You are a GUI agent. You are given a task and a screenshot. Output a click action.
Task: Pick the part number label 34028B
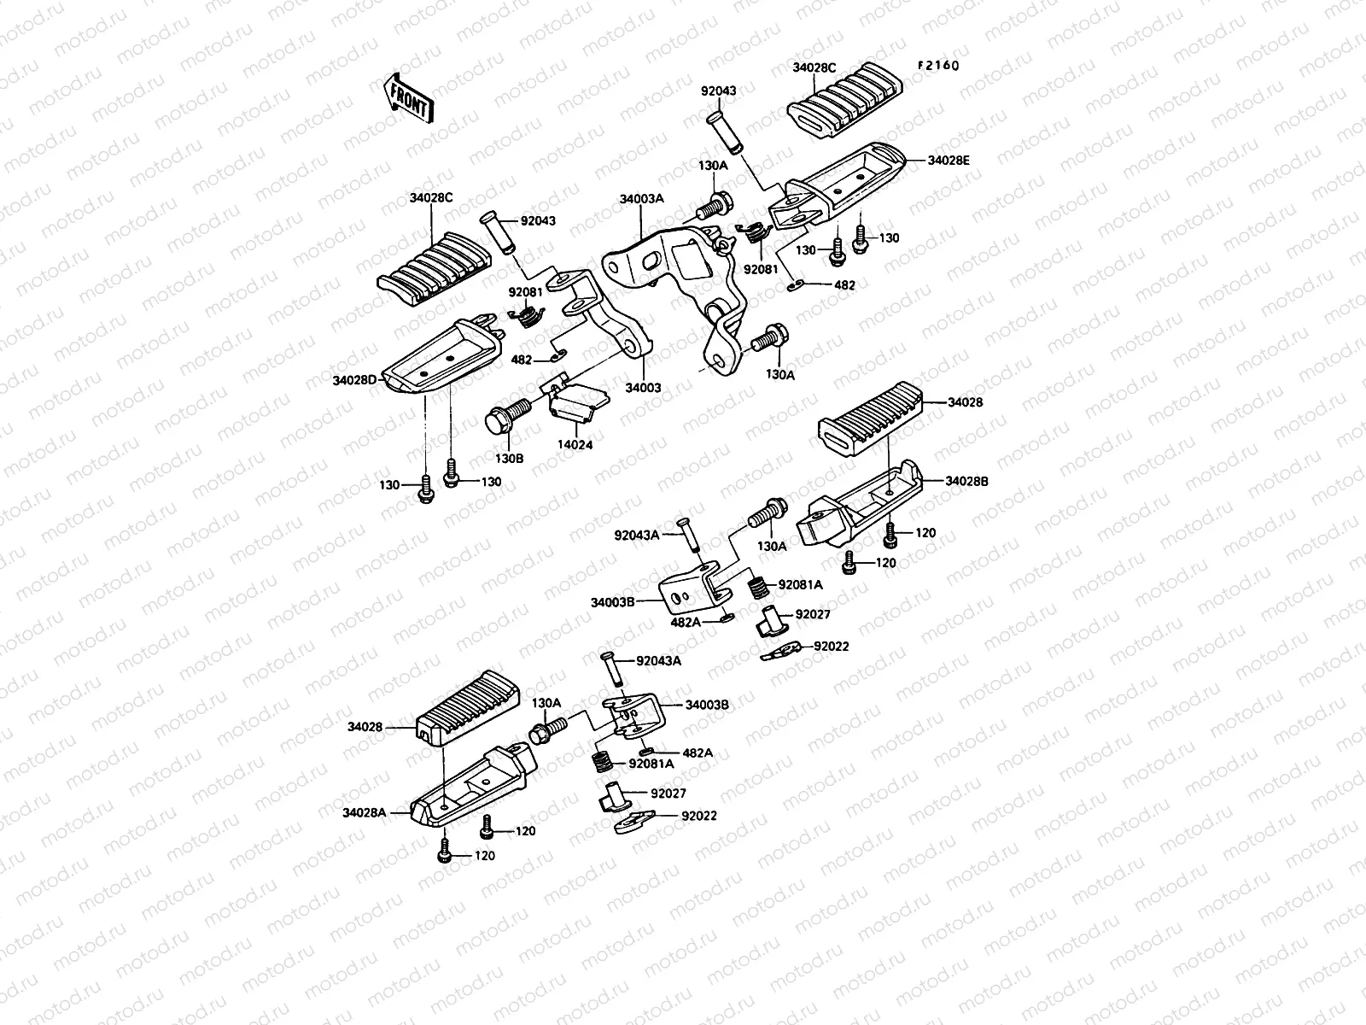point(966,481)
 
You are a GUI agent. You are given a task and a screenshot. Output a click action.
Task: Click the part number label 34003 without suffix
point(643,388)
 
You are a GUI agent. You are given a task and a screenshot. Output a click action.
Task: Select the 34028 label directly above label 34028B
point(965,401)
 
